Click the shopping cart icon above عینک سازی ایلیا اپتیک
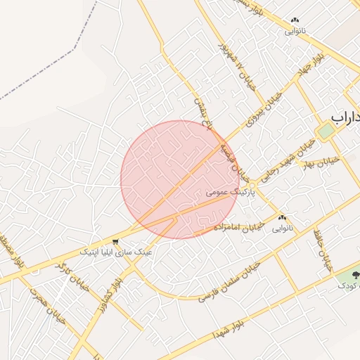pyautogui.click(x=115, y=242)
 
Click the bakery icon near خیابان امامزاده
pyautogui.click(x=283, y=218)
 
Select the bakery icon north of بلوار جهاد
pyautogui.click(x=295, y=21)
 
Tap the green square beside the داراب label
pyautogui.click(x=325, y=131)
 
